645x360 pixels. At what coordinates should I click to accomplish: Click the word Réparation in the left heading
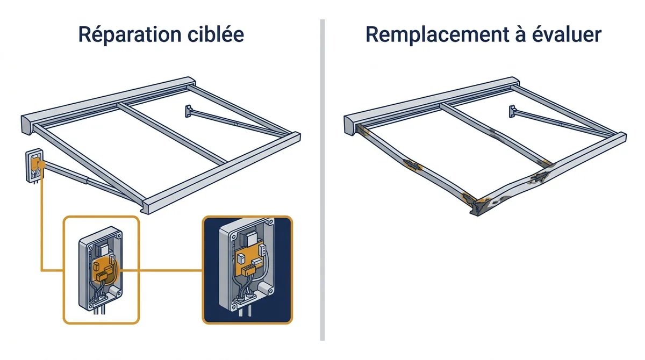[x=130, y=35]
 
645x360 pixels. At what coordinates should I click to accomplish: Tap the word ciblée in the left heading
[x=216, y=34]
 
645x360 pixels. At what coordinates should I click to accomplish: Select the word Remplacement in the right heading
[x=438, y=35]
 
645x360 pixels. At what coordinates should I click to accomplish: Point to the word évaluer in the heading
[x=567, y=34]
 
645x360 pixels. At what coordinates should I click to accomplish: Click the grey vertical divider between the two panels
[x=322, y=180]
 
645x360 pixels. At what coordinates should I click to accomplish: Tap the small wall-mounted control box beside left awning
[x=34, y=165]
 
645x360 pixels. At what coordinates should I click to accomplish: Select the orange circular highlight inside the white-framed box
[x=105, y=271]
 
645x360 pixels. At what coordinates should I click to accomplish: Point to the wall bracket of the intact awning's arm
[x=189, y=111]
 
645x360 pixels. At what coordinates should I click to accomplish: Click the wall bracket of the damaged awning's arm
[x=512, y=111]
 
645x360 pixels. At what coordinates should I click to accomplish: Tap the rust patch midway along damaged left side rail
[x=412, y=165]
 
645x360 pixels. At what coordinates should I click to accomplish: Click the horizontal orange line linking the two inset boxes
[x=161, y=270]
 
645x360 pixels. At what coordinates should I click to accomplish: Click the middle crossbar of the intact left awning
[x=172, y=134]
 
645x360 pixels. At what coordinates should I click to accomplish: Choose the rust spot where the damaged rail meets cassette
[x=363, y=131]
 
